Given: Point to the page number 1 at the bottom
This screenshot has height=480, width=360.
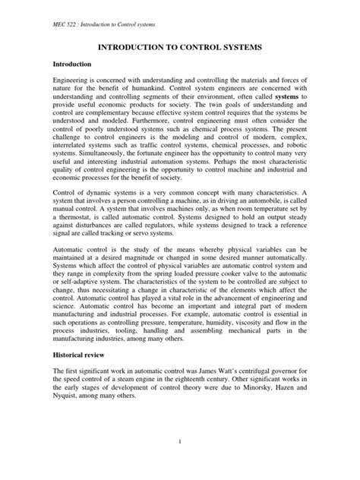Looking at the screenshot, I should (x=180, y=461).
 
